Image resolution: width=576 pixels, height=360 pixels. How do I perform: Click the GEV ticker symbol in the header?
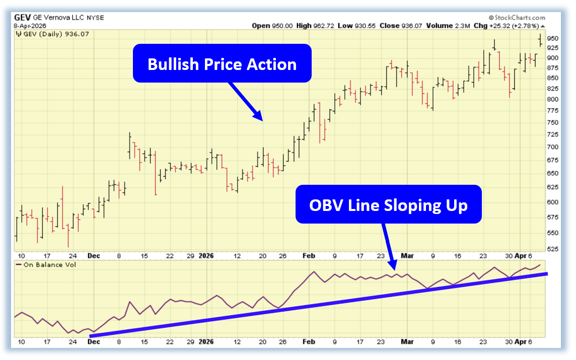[x=23, y=17]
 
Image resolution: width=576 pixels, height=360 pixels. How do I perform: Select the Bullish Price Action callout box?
[x=222, y=63]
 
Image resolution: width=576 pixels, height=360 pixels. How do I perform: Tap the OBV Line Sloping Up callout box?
[x=388, y=204]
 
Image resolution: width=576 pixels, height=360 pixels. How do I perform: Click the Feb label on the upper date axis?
[x=308, y=256]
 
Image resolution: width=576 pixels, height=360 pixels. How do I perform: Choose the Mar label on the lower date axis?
[x=407, y=342]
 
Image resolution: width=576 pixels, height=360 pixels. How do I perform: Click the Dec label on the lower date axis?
[x=93, y=342]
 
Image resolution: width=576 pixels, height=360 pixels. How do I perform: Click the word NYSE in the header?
[x=95, y=18]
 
